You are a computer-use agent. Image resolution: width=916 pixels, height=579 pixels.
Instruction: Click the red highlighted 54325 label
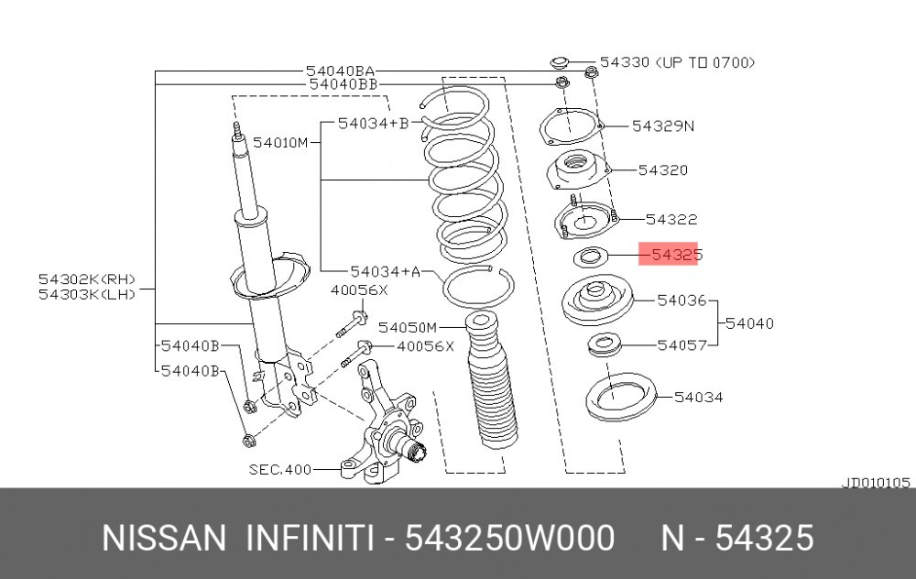tap(669, 254)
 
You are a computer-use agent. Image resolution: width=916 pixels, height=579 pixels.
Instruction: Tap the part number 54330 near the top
tap(625, 62)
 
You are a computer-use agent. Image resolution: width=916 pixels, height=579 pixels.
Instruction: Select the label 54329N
tap(663, 126)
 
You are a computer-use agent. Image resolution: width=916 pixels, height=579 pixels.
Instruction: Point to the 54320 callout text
tap(663, 170)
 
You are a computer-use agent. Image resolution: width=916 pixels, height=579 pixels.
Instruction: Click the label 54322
tap(671, 219)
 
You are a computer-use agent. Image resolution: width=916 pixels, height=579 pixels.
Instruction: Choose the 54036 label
tap(682, 300)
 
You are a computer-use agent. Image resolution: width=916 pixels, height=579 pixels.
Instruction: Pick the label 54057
tap(682, 345)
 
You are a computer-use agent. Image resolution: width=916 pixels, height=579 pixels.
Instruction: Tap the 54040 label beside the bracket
tap(749, 323)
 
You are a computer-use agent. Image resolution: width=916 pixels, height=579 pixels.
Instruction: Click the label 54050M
tap(408, 327)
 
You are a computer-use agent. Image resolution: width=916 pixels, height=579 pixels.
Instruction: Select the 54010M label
tap(279, 142)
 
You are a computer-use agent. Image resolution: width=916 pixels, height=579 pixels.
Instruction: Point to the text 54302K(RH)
tap(87, 279)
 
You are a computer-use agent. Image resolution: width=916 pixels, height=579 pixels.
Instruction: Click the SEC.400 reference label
tap(279, 469)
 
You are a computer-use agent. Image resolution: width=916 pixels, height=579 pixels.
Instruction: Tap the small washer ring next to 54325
tap(591, 257)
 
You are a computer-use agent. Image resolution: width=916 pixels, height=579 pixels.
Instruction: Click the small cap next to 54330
tap(561, 62)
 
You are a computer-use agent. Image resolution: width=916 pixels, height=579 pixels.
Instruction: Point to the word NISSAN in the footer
tap(164, 538)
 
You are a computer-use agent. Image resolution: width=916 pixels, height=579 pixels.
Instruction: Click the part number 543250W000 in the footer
tap(509, 538)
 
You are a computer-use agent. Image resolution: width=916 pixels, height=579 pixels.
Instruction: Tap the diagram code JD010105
tap(876, 483)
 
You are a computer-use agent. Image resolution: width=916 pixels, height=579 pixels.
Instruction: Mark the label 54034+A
tap(385, 271)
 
